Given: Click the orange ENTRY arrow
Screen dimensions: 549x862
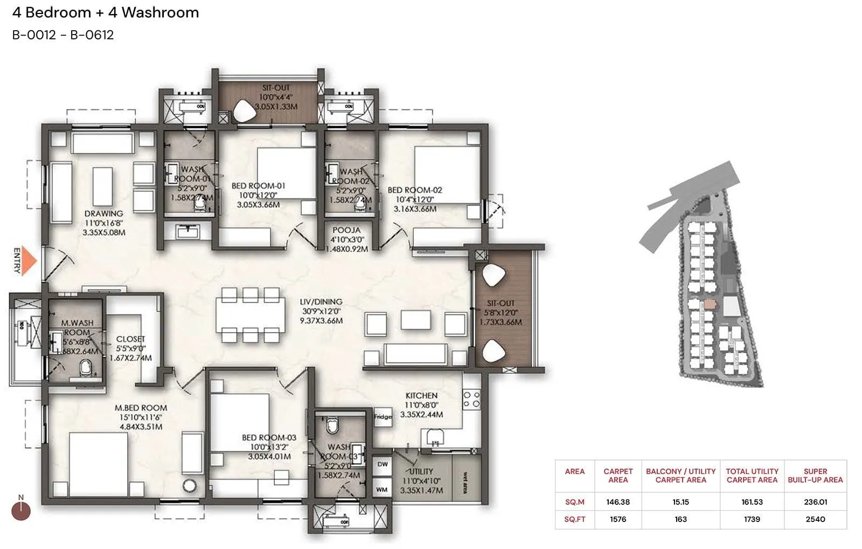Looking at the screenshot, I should (30, 262).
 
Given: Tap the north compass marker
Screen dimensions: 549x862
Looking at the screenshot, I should (21, 510).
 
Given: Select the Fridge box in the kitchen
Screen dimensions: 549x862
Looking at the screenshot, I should (383, 417).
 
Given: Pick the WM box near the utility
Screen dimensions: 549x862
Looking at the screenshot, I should (382, 490).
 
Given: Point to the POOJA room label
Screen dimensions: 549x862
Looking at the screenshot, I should (346, 230).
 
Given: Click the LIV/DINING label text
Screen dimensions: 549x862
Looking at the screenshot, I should (321, 302).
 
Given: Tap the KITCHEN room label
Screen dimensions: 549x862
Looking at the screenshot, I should (421, 396).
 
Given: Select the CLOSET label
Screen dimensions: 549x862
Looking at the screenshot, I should (130, 339).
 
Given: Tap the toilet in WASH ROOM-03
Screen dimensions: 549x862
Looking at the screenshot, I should (332, 426).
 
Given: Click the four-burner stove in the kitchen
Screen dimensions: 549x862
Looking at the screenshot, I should (472, 400).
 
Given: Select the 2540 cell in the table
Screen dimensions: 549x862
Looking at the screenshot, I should (815, 519).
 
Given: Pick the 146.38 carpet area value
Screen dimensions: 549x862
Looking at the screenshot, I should (618, 502).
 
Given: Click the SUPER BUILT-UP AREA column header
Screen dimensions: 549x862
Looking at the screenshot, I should (815, 476).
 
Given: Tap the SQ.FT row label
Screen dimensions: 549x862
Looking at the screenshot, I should (574, 519).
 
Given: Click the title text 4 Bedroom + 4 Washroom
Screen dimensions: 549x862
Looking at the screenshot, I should (106, 13).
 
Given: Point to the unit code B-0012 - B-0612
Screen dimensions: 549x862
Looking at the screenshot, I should (63, 36).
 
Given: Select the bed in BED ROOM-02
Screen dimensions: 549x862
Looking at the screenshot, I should (446, 175).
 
